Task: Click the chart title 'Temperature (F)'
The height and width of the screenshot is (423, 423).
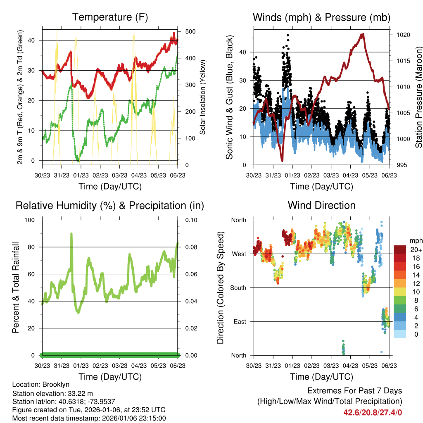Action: pyautogui.click(x=110, y=17)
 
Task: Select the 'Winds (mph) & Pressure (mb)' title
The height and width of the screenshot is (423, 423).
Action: pyautogui.click(x=321, y=17)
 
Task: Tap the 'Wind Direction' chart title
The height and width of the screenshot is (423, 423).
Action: pyautogui.click(x=321, y=205)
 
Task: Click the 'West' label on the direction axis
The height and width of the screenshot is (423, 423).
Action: pyautogui.click(x=239, y=254)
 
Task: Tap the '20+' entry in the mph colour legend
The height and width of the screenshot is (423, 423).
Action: pyautogui.click(x=416, y=250)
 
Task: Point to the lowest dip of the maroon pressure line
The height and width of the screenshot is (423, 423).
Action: pyautogui.click(x=282, y=160)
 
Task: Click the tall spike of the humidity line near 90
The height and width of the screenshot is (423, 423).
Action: pyautogui.click(x=71, y=234)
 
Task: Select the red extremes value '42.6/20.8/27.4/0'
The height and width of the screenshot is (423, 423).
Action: pyautogui.click(x=373, y=412)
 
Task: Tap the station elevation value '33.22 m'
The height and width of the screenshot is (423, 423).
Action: pyautogui.click(x=80, y=393)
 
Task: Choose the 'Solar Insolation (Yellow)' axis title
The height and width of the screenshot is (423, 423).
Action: pyautogui.click(x=202, y=97)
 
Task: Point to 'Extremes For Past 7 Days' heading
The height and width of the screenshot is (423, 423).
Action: pyautogui.click(x=354, y=391)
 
